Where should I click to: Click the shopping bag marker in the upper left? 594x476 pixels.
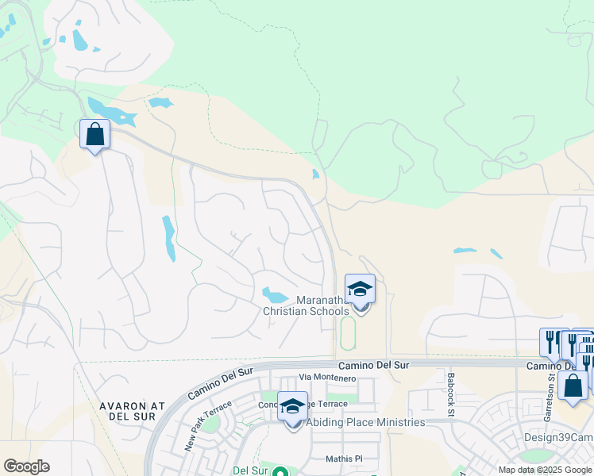[x=94, y=134]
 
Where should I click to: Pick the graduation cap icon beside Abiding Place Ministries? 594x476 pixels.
[x=293, y=406]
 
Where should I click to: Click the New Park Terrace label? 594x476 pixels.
[x=208, y=426]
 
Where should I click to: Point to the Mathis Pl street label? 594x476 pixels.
[x=344, y=459]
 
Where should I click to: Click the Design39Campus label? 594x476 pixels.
[x=558, y=438]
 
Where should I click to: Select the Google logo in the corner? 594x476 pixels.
[x=26, y=466]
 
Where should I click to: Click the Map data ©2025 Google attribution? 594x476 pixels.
[x=545, y=470]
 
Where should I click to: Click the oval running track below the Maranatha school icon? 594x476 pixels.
[x=348, y=334]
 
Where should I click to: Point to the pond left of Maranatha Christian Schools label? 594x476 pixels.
[x=276, y=295]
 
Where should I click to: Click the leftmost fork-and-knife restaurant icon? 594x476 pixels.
[x=550, y=342]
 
